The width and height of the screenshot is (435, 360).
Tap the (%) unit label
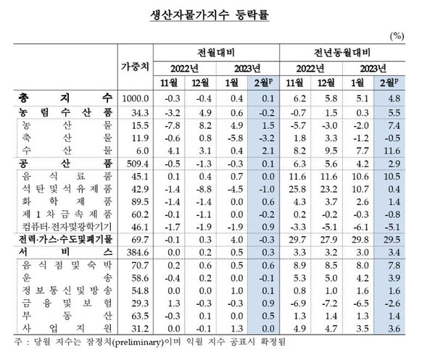click(x=397, y=35)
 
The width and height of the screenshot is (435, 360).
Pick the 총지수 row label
click(x=62, y=97)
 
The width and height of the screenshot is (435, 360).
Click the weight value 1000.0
click(x=136, y=97)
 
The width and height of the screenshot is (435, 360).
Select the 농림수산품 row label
click(x=62, y=112)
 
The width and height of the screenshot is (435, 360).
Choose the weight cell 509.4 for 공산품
click(x=136, y=164)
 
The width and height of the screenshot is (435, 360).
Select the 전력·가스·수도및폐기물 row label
click(x=62, y=238)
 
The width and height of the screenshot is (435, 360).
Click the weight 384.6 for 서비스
click(x=136, y=251)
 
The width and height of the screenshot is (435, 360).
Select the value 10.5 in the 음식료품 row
click(x=394, y=176)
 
